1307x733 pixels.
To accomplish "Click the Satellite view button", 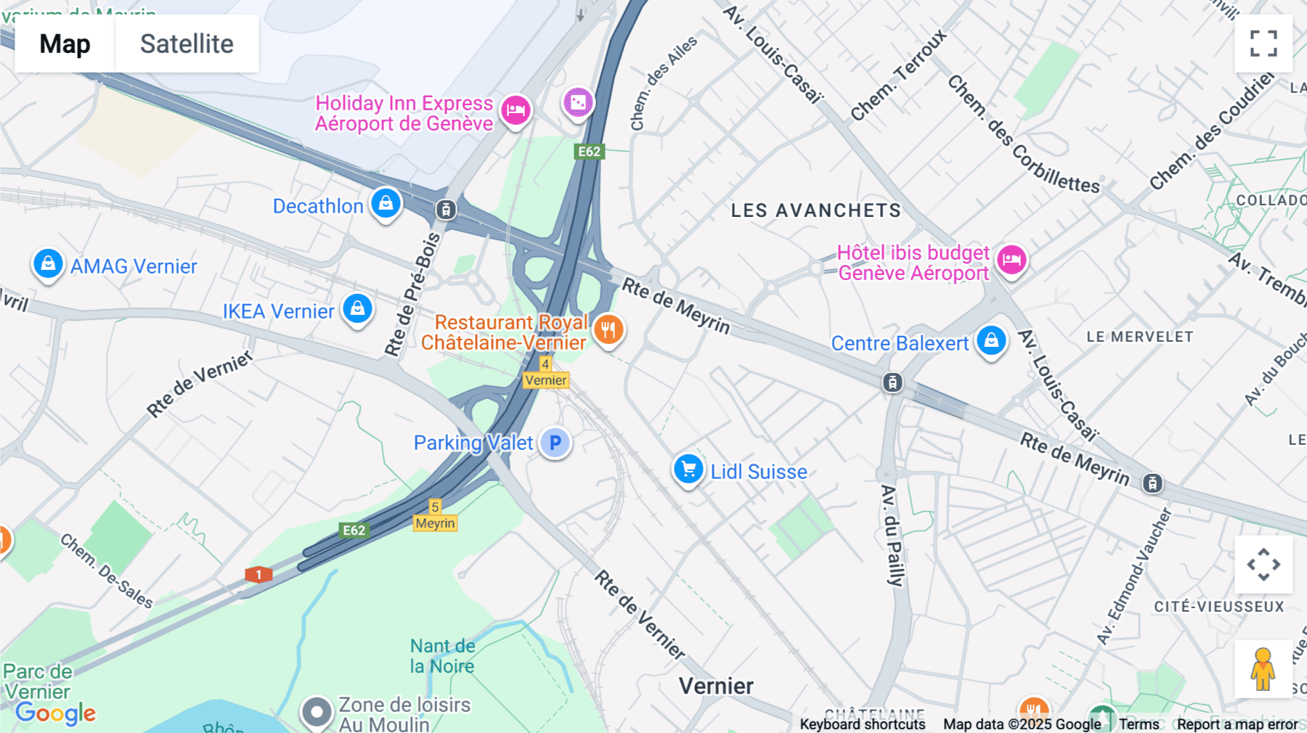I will pyautogui.click(x=187, y=44).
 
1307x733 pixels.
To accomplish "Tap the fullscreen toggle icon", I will pyautogui.click(x=1263, y=44).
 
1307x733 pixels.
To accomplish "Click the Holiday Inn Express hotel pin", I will pyautogui.click(x=516, y=110).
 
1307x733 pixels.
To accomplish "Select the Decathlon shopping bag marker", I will pyautogui.click(x=386, y=203).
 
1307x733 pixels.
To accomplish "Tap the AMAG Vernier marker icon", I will pyautogui.click(x=48, y=263).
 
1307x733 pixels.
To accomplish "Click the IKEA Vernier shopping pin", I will pyautogui.click(x=357, y=309).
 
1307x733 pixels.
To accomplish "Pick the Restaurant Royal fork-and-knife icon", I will pyautogui.click(x=608, y=330).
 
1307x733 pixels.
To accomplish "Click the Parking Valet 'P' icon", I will pyautogui.click(x=555, y=443).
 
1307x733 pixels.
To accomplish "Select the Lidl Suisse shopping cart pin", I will pyautogui.click(x=688, y=470).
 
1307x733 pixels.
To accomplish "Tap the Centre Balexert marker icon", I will pyautogui.click(x=991, y=340).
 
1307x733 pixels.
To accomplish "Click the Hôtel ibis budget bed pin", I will pyautogui.click(x=1011, y=260).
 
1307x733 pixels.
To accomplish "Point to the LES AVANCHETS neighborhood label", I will pyautogui.click(x=815, y=210).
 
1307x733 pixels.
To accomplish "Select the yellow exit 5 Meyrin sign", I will pyautogui.click(x=435, y=515).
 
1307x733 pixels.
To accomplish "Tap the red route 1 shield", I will pyautogui.click(x=258, y=575).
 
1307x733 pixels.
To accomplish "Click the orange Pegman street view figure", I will pyautogui.click(x=1263, y=669).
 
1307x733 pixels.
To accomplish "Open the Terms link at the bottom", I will pyautogui.click(x=1139, y=724).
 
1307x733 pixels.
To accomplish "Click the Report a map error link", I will pyautogui.click(x=1237, y=724).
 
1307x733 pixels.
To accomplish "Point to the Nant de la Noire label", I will pyautogui.click(x=442, y=656).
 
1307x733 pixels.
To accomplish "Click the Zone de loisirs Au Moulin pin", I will pyautogui.click(x=317, y=712).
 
